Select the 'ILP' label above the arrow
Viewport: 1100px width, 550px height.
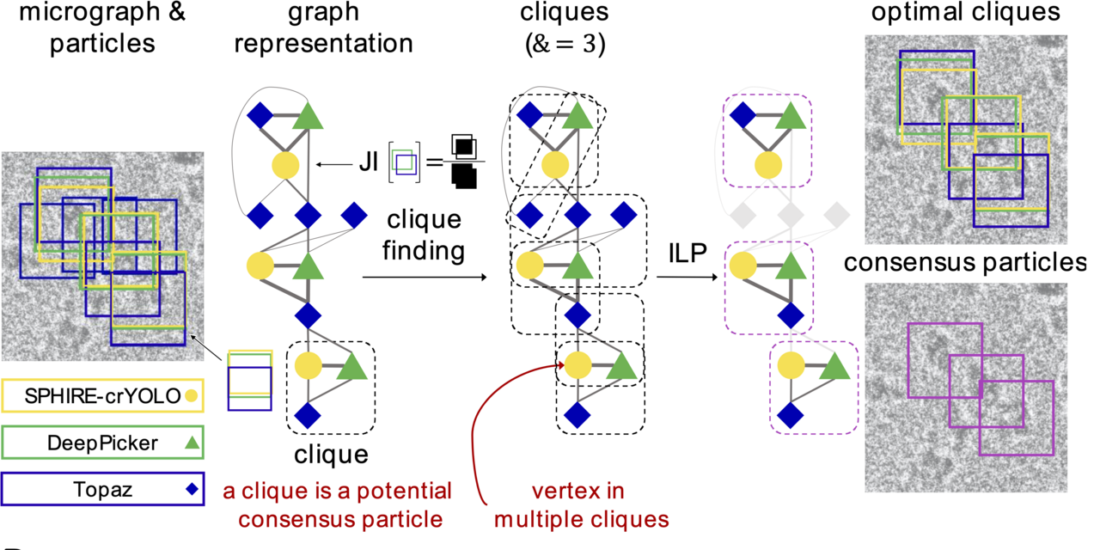pyautogui.click(x=687, y=254)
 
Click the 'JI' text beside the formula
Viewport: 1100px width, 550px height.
pyautogui.click(x=370, y=161)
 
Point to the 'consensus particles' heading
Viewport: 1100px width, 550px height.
pyautogui.click(x=965, y=263)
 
